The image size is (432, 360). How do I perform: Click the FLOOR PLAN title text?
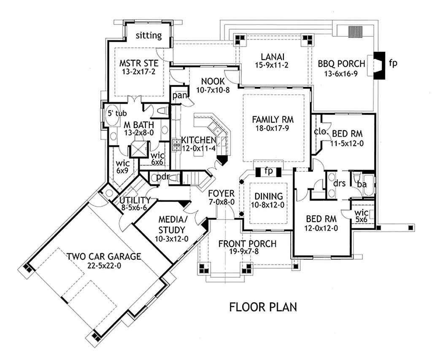[263, 306]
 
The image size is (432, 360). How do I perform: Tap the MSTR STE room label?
[139, 63]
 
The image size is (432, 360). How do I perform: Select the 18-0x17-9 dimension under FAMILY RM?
[272, 128]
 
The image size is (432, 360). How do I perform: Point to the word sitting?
[149, 35]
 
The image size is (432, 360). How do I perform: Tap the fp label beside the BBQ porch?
[393, 63]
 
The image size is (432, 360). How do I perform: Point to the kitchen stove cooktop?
[176, 145]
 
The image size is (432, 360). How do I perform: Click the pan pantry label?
[180, 96]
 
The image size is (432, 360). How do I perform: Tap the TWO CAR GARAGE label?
[104, 257]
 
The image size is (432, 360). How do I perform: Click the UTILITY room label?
[135, 200]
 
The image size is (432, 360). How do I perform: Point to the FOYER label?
[221, 193]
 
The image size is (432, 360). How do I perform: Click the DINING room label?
[269, 196]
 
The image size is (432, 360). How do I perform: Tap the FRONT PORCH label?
[247, 244]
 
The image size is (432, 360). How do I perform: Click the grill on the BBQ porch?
[355, 32]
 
